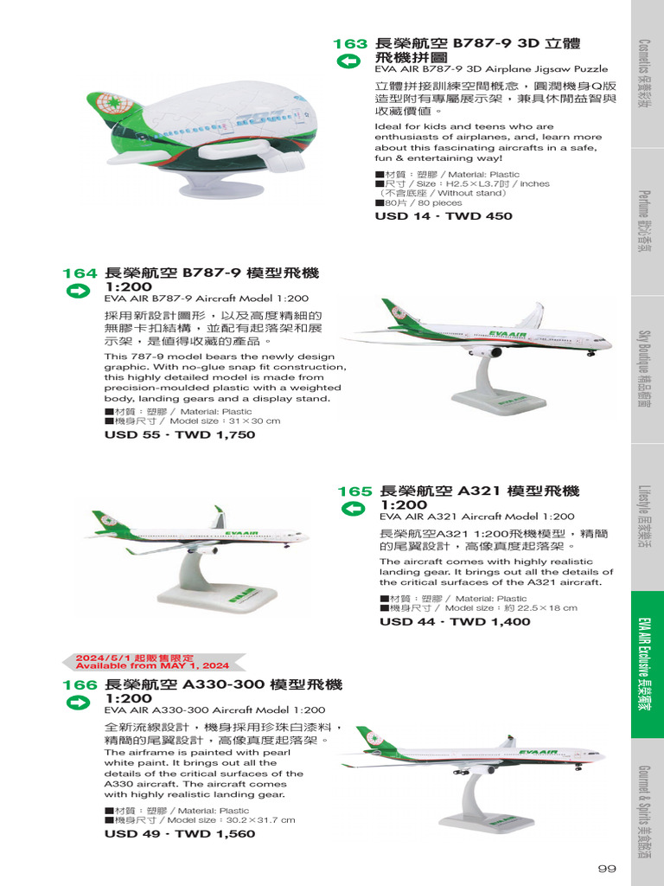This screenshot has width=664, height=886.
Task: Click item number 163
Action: [x=350, y=43]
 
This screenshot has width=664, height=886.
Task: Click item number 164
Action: [x=80, y=273]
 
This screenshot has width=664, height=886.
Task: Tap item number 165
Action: [x=354, y=491]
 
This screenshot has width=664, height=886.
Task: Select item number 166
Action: [x=80, y=685]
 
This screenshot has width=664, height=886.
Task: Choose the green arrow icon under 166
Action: [x=78, y=703]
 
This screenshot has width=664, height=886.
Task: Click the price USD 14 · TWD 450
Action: [x=444, y=216]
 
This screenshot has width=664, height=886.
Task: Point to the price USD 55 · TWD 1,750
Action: [x=180, y=435]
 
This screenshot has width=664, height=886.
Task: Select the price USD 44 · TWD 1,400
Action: [x=455, y=622]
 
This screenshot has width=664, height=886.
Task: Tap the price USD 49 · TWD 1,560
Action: [x=180, y=834]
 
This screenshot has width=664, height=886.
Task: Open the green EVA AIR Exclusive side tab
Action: [x=646, y=664]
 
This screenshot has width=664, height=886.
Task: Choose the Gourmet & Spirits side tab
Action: [x=646, y=812]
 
